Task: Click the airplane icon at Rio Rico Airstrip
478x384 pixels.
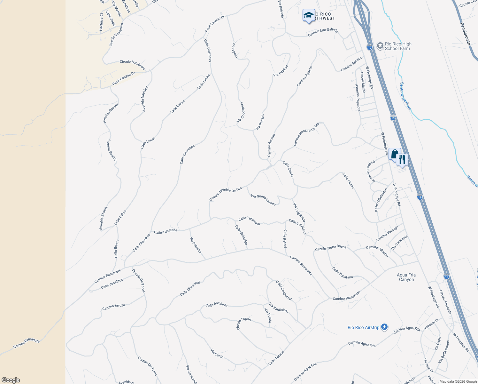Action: click(384, 327)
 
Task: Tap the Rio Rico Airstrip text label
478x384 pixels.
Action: click(363, 327)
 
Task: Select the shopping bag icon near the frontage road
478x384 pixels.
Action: click(395, 154)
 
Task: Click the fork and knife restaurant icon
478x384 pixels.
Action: click(402, 159)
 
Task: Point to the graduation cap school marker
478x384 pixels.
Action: click(309, 15)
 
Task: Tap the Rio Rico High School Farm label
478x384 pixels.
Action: click(398, 46)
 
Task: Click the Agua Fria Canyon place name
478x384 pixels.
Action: click(406, 277)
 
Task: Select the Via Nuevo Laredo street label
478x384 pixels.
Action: click(263, 200)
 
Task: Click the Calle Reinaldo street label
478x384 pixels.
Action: click(241, 235)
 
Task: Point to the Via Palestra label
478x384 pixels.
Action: click(196, 245)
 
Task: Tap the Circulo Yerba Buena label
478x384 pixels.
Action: click(330, 248)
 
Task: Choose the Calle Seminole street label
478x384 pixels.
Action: click(216, 305)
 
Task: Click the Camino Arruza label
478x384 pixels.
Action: click(113, 307)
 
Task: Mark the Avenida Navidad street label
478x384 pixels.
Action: click(145, 99)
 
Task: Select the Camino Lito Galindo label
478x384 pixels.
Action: click(323, 32)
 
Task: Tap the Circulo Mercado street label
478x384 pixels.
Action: click(445, 302)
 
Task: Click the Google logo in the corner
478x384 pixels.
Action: click(11, 380)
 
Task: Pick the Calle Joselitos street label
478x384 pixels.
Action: click(112, 284)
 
